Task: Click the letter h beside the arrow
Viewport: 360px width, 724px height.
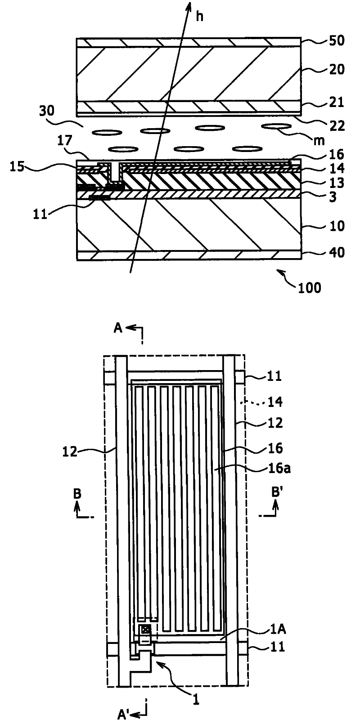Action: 200,18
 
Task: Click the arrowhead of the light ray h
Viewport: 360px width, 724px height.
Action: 188,5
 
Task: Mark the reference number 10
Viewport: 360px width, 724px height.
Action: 337,225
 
